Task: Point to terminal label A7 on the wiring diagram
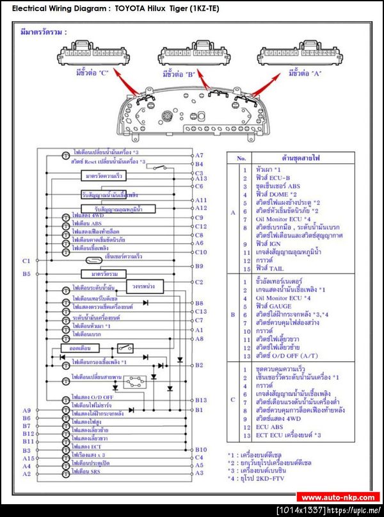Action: point(199,156)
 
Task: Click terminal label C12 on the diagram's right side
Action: point(200,226)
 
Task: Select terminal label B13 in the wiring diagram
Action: point(200,400)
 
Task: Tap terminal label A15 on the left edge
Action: point(27,458)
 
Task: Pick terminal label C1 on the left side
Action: point(26,261)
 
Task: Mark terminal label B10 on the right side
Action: point(200,450)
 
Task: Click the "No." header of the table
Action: point(241,157)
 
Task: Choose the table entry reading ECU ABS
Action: point(268,427)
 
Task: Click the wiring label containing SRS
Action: point(86,473)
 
